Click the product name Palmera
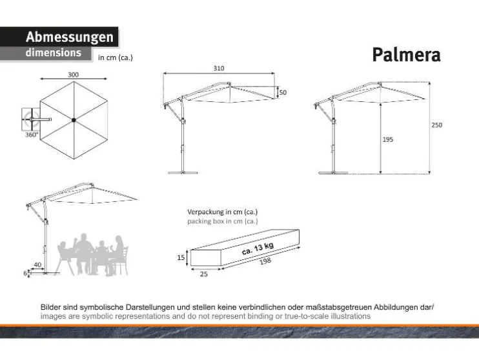pyautogui.click(x=406, y=55)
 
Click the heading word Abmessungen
pyautogui.click(x=69, y=37)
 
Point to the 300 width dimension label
pyautogui.click(x=73, y=75)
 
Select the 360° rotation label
pyautogui.click(x=31, y=135)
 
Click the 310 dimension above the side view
pyautogui.click(x=219, y=68)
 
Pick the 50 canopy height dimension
pyautogui.click(x=283, y=93)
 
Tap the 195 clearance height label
pyautogui.click(x=387, y=139)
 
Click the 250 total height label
pyautogui.click(x=436, y=125)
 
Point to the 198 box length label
pyautogui.click(x=266, y=261)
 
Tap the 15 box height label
pyautogui.click(x=181, y=257)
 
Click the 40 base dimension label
pyautogui.click(x=37, y=265)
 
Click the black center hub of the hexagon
pyautogui.click(x=74, y=119)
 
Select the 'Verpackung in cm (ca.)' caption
pyautogui.click(x=222, y=212)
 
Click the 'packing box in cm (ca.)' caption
pyautogui.click(x=222, y=221)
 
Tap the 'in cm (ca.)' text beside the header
pyautogui.click(x=115, y=57)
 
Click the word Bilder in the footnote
pyautogui.click(x=52, y=308)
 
